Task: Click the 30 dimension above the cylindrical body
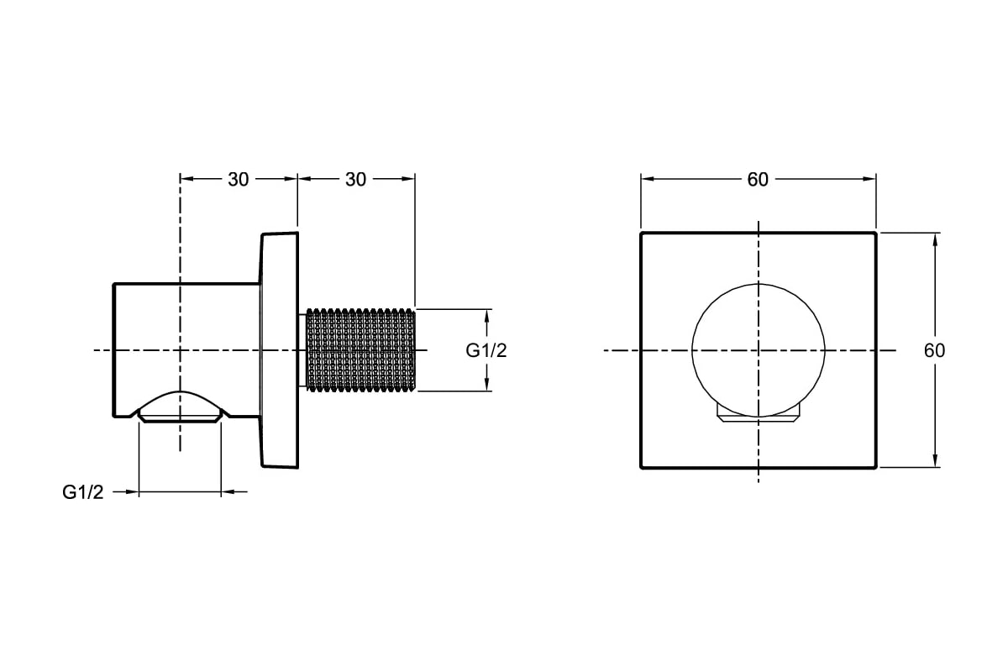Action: [238, 180]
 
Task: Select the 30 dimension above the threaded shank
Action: [355, 180]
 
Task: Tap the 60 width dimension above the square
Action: [758, 180]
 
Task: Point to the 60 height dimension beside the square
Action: [935, 350]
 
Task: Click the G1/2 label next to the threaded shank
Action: [486, 350]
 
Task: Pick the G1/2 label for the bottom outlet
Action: [83, 492]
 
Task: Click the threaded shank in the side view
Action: [360, 350]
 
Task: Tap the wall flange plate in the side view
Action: [280, 350]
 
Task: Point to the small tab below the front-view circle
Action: [759, 418]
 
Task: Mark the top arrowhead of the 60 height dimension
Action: [936, 241]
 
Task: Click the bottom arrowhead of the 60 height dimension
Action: [936, 459]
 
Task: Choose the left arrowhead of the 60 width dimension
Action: [648, 179]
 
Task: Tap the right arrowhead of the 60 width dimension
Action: [869, 179]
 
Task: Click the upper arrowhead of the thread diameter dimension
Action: [486, 317]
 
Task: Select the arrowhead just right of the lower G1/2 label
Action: [131, 492]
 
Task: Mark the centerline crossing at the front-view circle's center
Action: [759, 350]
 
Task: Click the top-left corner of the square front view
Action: [641, 234]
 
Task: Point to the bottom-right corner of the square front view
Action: [875, 468]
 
